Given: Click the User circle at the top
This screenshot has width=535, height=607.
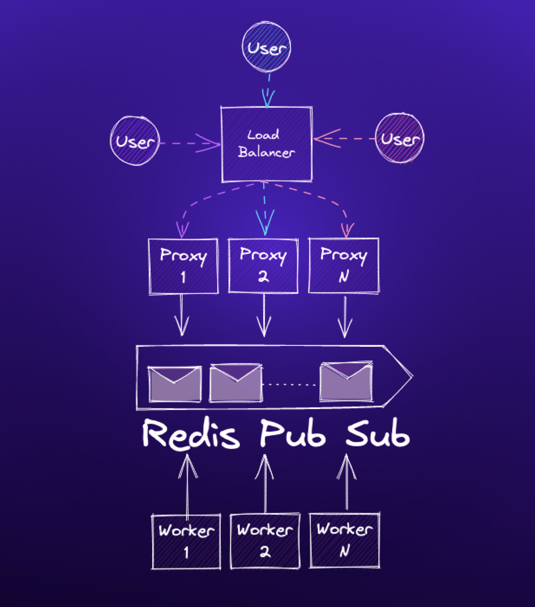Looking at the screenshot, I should (x=266, y=47).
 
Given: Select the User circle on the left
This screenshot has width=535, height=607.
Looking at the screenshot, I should (x=135, y=140).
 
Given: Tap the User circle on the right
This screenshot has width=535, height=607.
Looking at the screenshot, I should (x=400, y=138).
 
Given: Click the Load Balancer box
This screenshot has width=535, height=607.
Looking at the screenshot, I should (x=267, y=144).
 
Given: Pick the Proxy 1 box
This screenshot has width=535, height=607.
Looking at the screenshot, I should (x=183, y=266).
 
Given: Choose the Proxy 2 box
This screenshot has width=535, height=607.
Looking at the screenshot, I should (x=263, y=265).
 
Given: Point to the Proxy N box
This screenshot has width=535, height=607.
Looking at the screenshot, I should (x=344, y=265).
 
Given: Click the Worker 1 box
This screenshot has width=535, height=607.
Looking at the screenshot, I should (x=186, y=541).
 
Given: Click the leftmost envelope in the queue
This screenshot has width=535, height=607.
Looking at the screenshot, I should (x=175, y=384).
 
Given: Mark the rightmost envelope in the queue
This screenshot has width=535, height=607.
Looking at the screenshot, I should (x=346, y=381).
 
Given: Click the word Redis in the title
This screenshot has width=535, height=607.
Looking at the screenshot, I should (x=191, y=434).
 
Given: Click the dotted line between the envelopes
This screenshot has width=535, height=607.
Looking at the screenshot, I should (x=290, y=384).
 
